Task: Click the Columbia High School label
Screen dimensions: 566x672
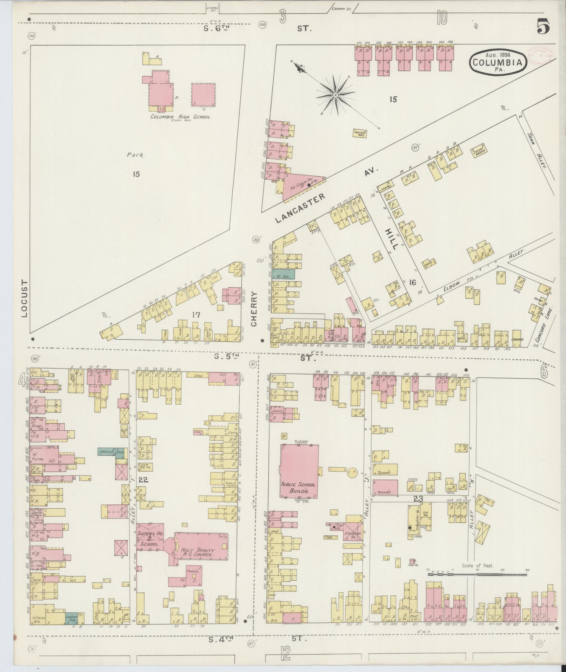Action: [181, 117]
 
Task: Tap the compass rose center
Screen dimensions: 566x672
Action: [335, 95]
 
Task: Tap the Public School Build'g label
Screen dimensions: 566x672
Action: [298, 487]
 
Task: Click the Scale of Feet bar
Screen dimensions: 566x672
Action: [477, 575]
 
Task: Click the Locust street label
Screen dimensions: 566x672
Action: [24, 298]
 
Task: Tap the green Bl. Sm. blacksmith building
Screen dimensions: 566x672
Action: [284, 274]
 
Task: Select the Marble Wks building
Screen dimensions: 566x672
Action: [360, 133]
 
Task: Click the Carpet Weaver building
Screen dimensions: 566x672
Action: [479, 150]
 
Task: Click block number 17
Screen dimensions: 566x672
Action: [195, 315]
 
